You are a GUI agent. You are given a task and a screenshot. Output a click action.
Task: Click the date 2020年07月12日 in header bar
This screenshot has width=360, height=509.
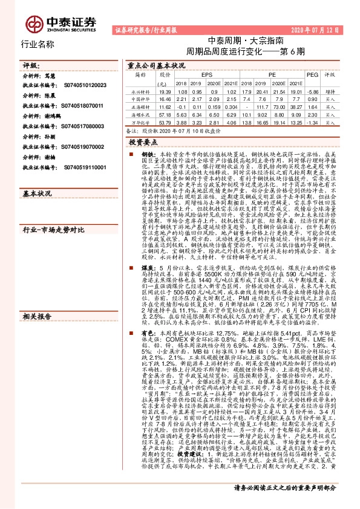324,28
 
